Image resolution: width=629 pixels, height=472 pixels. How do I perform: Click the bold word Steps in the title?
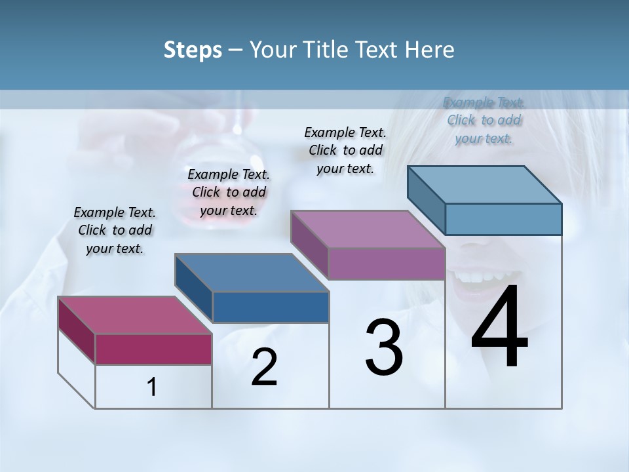193,50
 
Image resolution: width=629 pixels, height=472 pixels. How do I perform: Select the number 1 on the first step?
152,387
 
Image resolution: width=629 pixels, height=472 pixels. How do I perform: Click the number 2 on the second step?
264,367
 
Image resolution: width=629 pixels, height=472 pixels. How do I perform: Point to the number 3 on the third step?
384,347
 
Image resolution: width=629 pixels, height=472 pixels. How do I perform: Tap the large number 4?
499,328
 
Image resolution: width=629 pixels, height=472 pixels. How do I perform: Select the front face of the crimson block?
153,349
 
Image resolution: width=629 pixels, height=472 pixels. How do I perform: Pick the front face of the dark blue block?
271,307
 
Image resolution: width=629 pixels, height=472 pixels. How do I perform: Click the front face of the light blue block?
503,219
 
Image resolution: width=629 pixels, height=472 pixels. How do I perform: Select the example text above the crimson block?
115,230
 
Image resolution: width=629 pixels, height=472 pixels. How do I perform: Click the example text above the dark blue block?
229,192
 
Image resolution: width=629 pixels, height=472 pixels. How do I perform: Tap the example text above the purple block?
345,150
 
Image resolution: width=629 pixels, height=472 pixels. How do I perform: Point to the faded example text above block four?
484,120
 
